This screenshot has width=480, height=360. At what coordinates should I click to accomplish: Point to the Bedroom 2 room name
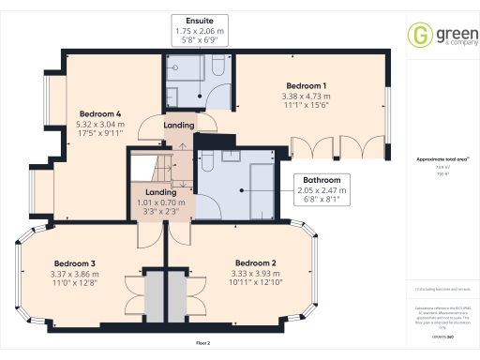254,262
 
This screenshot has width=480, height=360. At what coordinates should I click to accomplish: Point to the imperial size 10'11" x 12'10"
254,281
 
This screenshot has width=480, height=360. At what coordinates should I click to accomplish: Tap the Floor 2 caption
203,344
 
